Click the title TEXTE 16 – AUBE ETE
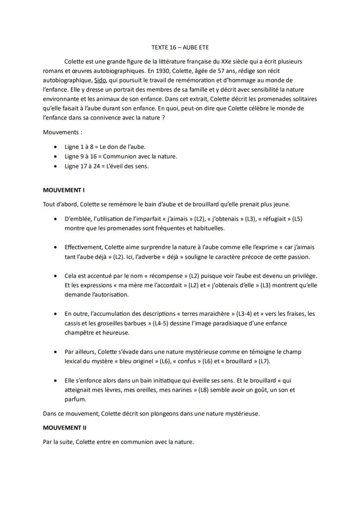[x=180, y=47]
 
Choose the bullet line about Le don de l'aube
[x=105, y=147]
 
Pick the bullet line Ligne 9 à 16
[x=121, y=156]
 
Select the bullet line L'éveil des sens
[x=107, y=166]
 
